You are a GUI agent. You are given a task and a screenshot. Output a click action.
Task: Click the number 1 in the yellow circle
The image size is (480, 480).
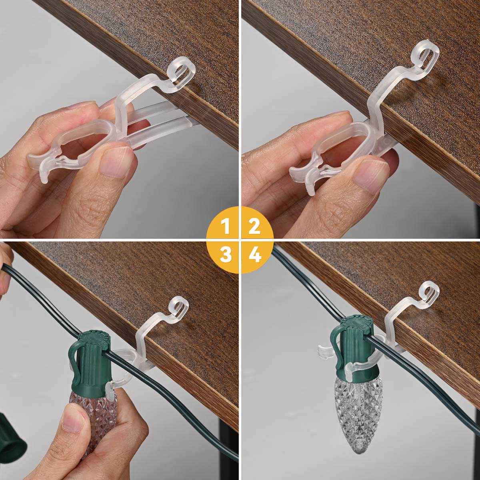[226, 227]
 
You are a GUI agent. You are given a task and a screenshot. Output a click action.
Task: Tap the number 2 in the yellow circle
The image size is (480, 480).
[254, 227]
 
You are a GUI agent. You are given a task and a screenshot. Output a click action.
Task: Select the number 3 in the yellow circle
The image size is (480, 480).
[226, 254]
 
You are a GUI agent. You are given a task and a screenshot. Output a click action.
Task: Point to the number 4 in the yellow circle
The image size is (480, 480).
[255, 254]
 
